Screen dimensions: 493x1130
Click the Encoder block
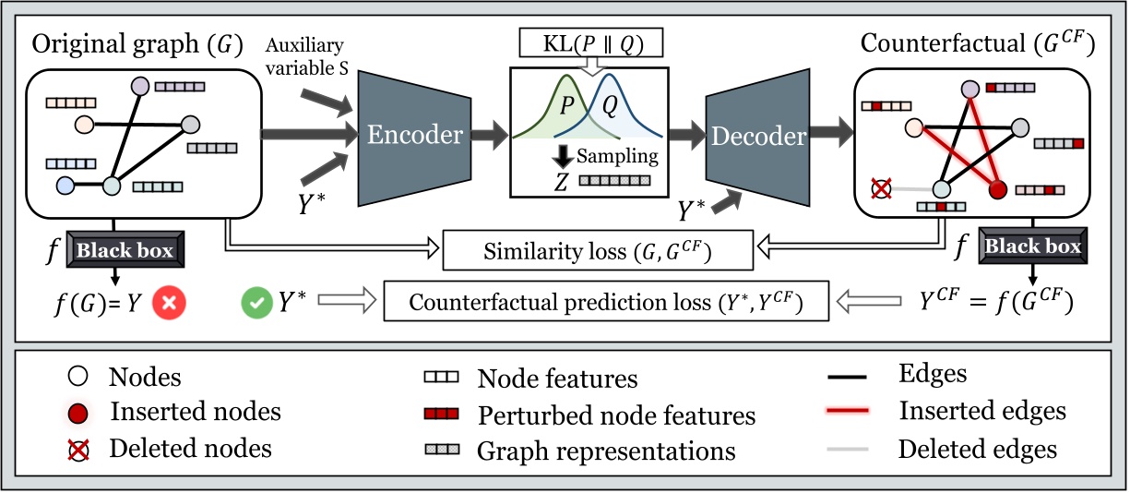click(x=415, y=136)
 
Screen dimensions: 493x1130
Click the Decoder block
click(x=757, y=136)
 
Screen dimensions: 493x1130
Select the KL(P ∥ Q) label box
click(x=591, y=42)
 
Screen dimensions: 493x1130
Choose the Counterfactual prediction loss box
click(x=606, y=302)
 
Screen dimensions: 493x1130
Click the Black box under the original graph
click(x=125, y=250)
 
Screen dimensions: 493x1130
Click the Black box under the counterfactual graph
click(x=1031, y=246)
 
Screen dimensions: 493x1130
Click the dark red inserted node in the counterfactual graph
click(x=996, y=191)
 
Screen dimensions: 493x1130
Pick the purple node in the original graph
click(x=139, y=86)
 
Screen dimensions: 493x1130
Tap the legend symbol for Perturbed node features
click(x=441, y=415)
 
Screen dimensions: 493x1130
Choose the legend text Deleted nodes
click(x=190, y=449)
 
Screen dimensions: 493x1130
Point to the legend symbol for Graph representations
click(x=441, y=450)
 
